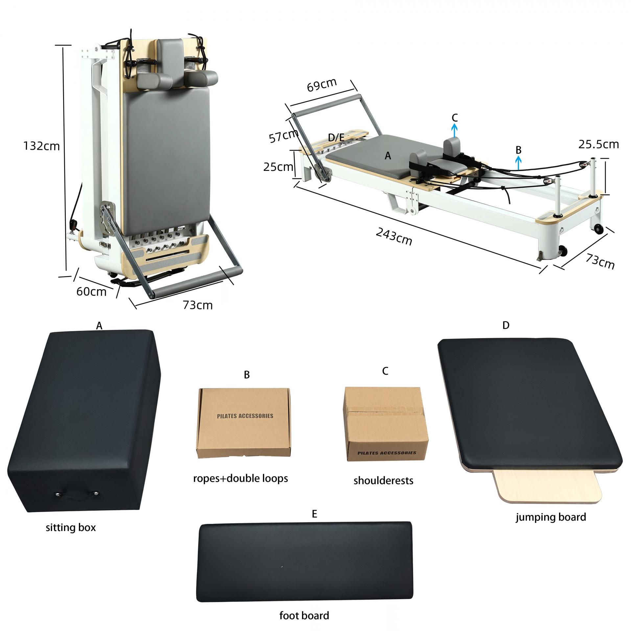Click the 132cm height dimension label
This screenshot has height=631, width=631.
(42, 146)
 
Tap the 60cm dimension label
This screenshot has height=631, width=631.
(91, 292)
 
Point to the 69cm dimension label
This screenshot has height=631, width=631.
(322, 84)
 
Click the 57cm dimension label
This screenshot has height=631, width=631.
(283, 136)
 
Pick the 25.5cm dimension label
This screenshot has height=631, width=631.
(598, 144)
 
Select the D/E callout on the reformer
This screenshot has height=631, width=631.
(336, 137)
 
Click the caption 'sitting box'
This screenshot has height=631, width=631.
(71, 527)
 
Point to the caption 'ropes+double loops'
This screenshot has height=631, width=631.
(240, 478)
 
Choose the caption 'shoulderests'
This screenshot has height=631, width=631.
(383, 480)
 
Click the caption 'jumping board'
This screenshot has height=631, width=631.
(551, 517)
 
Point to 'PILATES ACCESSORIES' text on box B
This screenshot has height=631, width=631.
(245, 416)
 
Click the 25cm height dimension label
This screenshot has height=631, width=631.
(278, 167)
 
